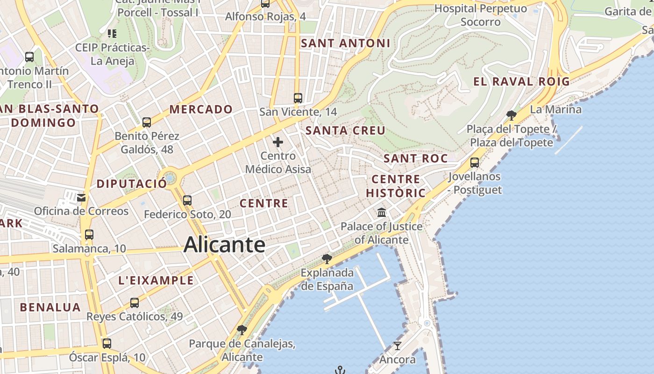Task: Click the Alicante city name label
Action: [225, 245]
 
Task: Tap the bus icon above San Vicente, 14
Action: [298, 98]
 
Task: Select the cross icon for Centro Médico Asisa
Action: [278, 142]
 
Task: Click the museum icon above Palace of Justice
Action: [382, 213]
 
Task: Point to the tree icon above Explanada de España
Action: [327, 259]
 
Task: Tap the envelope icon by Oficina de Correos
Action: [81, 197]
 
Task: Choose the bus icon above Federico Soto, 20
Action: [187, 201]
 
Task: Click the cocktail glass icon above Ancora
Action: [398, 346]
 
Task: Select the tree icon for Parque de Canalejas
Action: [242, 330]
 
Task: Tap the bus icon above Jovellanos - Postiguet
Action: [475, 163]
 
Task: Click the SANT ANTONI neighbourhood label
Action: [345, 43]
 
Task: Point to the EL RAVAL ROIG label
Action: [521, 82]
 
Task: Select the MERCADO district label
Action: [201, 109]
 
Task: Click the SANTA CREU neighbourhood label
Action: [345, 130]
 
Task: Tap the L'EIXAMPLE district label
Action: [156, 280]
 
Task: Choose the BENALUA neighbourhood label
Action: [50, 308]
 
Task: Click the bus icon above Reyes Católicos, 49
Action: [135, 302]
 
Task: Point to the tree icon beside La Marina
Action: [512, 115]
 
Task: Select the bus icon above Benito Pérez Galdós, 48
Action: [147, 122]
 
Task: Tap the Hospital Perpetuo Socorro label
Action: [481, 15]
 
